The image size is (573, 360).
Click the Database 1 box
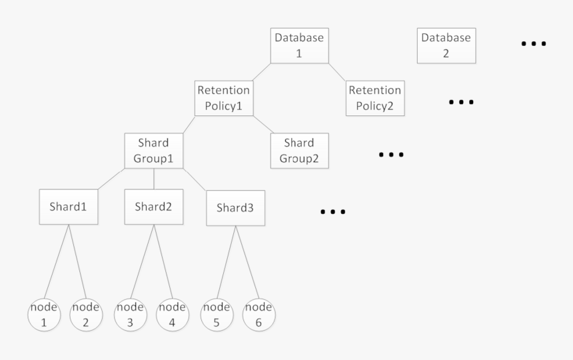(298, 45)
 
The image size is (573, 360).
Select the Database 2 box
(446, 45)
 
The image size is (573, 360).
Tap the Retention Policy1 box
(223, 98)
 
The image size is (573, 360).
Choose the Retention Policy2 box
(375, 98)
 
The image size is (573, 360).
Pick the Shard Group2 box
(299, 151)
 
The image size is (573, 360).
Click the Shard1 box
(68, 207)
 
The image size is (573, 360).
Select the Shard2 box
(153, 207)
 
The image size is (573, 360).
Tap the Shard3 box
(235, 207)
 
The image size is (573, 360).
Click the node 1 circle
(45, 315)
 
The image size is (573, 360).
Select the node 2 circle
(86, 315)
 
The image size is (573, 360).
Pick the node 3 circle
(131, 315)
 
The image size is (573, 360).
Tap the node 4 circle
(172, 315)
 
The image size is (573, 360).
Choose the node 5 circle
(216, 315)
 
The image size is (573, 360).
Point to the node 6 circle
(258, 315)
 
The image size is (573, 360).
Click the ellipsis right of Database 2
(533, 44)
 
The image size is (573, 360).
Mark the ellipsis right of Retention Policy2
(460, 103)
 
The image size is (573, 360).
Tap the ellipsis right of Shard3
(332, 213)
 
